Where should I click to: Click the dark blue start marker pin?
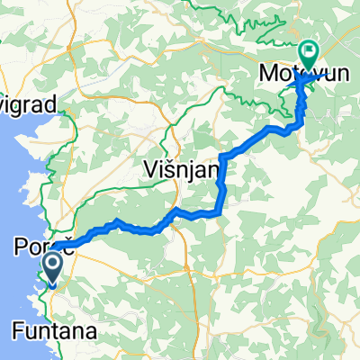(x=51, y=267)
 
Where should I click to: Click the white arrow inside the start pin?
(x=51, y=264)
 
